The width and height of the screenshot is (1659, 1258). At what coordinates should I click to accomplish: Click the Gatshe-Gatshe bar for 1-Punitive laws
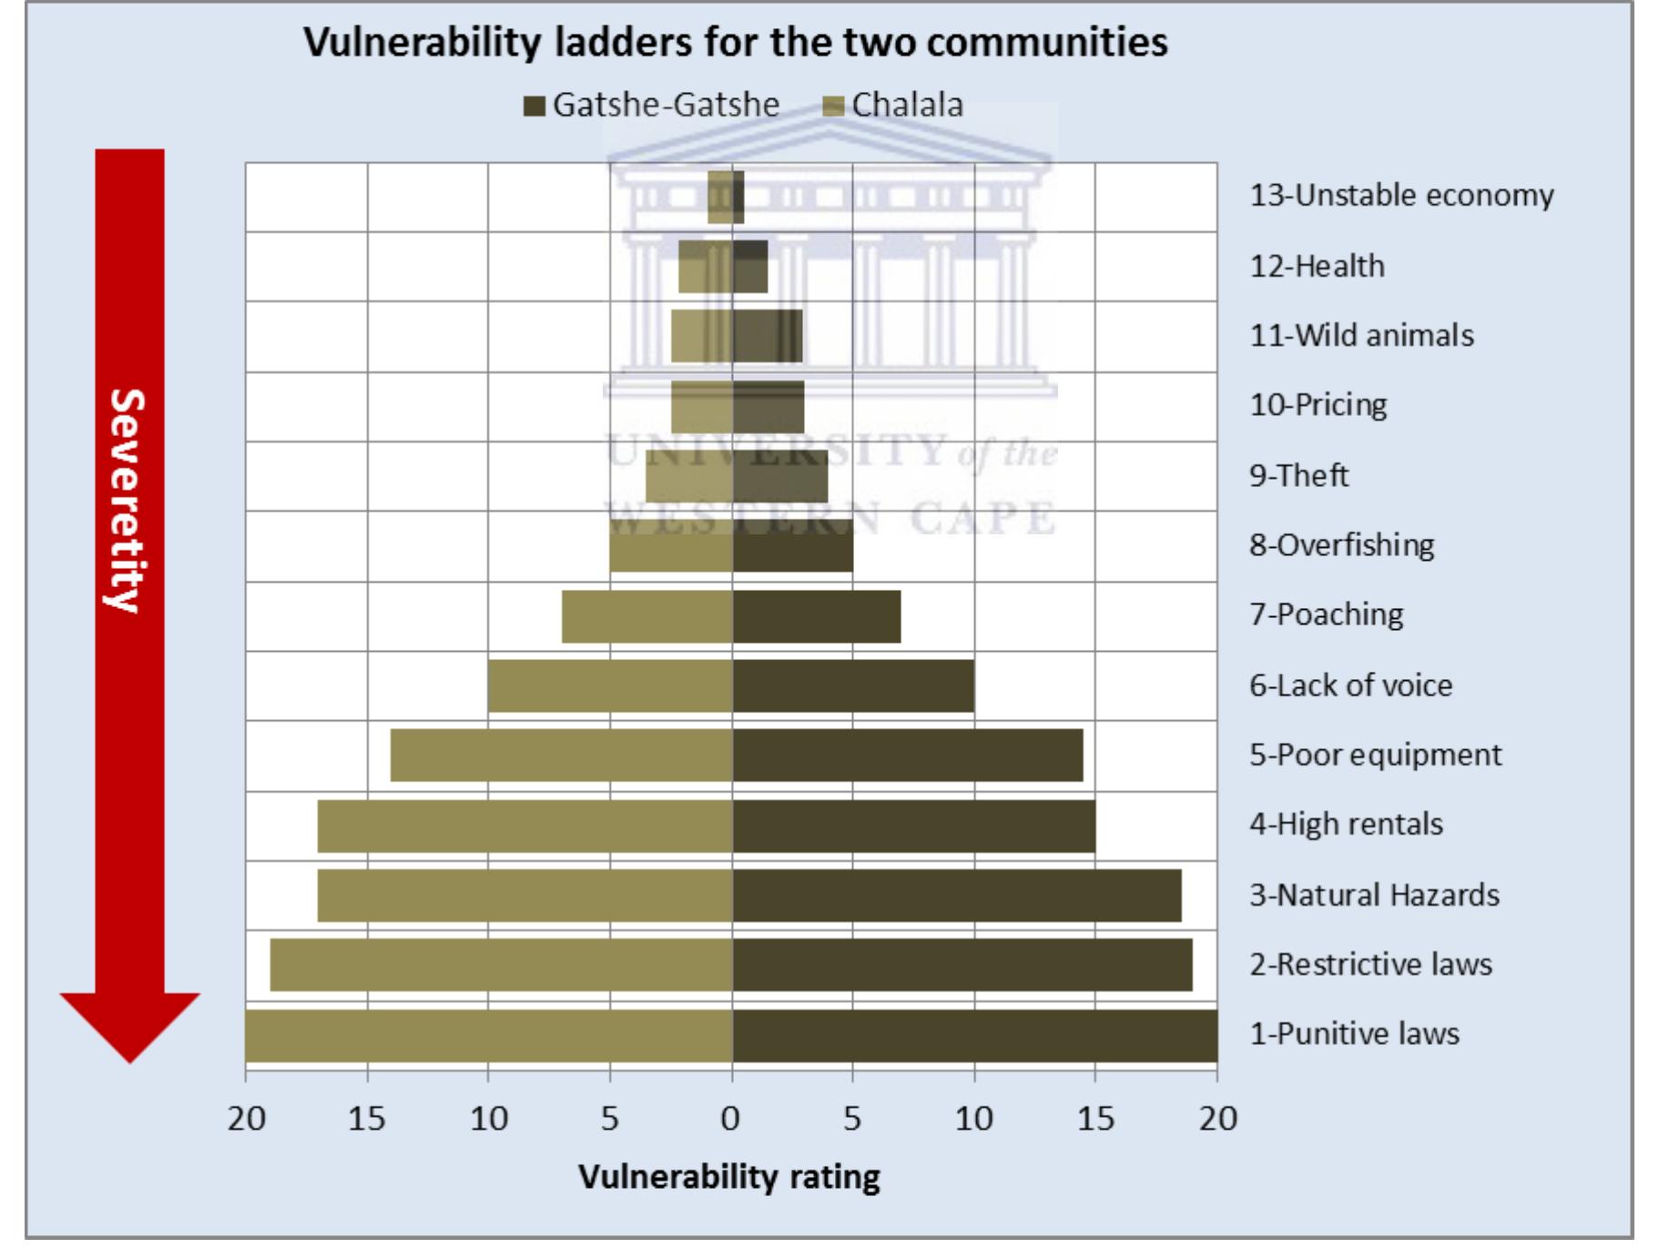(974, 1035)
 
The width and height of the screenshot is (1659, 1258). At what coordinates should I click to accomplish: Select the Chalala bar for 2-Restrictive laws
(501, 965)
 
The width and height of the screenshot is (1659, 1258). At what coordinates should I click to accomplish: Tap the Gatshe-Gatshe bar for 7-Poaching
(816, 616)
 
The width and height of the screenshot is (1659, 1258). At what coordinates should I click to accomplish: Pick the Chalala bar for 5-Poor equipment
(561, 755)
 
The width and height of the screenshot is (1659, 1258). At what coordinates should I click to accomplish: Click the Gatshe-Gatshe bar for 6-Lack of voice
(852, 685)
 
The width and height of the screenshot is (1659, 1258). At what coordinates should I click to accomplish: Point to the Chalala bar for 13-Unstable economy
(719, 197)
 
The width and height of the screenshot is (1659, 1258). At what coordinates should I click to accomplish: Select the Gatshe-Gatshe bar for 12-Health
(750, 267)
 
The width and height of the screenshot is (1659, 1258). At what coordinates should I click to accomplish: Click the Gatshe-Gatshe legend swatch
(534, 106)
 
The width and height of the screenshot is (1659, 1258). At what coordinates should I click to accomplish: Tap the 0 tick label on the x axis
(730, 1118)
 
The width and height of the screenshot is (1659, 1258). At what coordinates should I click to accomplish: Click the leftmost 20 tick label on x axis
(246, 1118)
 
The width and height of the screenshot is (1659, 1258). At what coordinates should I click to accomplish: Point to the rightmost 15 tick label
(1094, 1118)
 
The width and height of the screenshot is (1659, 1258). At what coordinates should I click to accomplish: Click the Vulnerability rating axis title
(728, 1176)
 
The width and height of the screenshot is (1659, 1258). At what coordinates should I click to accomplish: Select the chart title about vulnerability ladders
(735, 42)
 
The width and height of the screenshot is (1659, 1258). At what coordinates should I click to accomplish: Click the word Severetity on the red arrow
(127, 501)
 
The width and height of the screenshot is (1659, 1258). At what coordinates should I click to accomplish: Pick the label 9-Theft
(1298, 475)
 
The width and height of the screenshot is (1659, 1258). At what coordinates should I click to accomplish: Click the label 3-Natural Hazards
(1373, 895)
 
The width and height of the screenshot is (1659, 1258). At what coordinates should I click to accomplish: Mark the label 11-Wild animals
(1360, 335)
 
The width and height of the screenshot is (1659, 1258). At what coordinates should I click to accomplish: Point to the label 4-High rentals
(1346, 824)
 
